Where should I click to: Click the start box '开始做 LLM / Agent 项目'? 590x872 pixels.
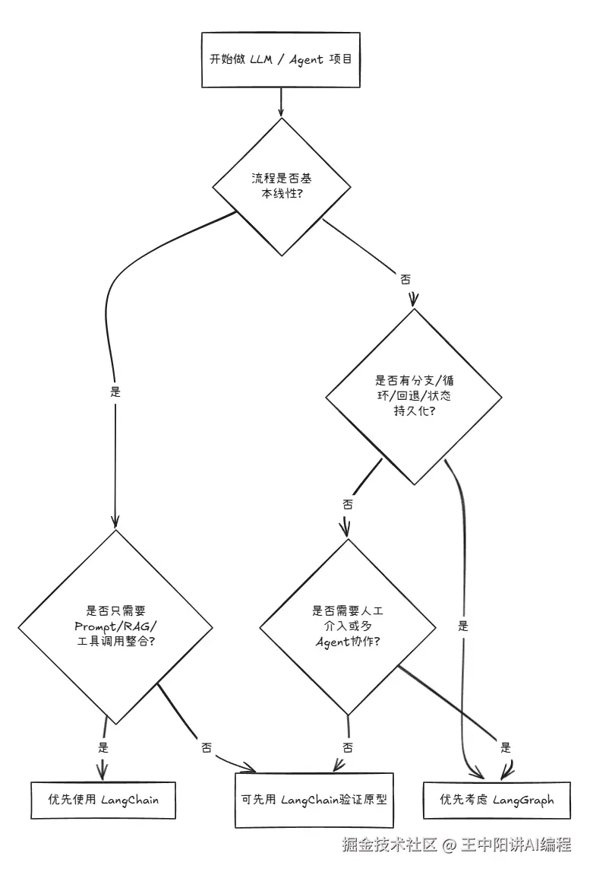coord(280,59)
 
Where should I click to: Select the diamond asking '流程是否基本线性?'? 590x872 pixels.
coord(282,185)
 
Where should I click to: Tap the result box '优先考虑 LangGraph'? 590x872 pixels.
coord(497,800)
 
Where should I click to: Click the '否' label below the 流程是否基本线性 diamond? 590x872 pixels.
coord(405,279)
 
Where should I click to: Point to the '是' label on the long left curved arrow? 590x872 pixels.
coord(115,393)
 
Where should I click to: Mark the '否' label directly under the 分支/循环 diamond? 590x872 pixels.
coord(348,503)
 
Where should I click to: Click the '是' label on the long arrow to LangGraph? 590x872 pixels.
coord(463,627)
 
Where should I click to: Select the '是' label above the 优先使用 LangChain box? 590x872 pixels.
coord(103,747)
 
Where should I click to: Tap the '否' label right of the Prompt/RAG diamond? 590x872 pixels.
coord(207,747)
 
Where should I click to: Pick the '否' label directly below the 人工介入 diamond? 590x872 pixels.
coord(348,747)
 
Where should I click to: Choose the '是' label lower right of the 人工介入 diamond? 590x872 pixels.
coord(506,747)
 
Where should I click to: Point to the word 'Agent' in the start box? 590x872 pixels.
coord(305,59)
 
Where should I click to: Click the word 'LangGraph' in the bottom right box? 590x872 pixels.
coord(523,800)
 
